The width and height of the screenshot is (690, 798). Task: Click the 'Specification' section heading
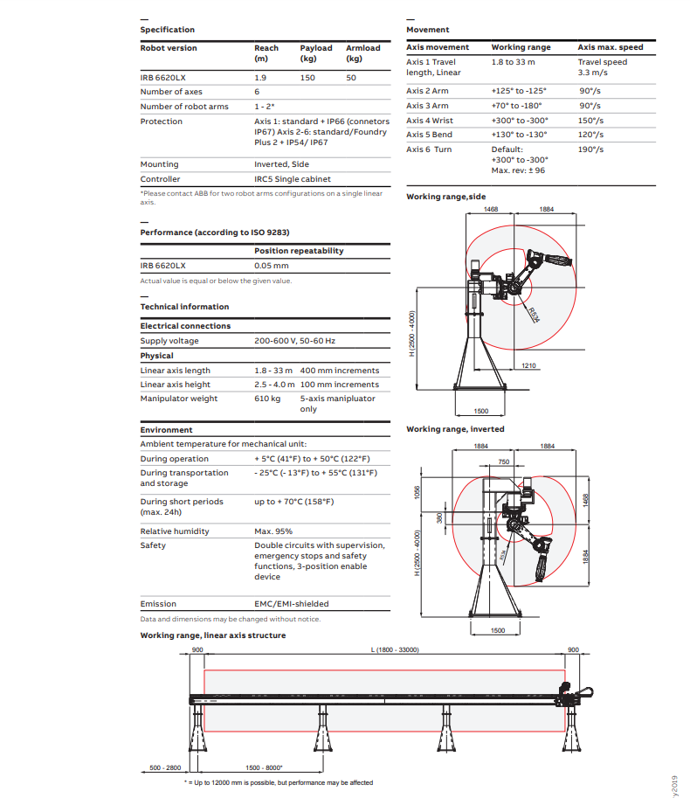pyautogui.click(x=168, y=30)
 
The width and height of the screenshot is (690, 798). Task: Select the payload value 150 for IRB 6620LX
pyautogui.click(x=308, y=77)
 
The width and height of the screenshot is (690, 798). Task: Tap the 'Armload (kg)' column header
pyautogui.click(x=362, y=53)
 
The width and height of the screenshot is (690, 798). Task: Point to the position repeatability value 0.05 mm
pyautogui.click(x=271, y=265)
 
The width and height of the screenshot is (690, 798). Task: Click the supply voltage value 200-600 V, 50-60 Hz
pyautogui.click(x=294, y=341)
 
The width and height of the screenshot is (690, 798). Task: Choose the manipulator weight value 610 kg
pyautogui.click(x=267, y=399)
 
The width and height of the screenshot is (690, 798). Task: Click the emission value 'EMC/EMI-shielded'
pyautogui.click(x=292, y=604)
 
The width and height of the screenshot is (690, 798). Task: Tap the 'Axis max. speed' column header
pyautogui.click(x=611, y=47)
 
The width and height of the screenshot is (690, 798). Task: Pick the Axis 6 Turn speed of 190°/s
pyautogui.click(x=591, y=149)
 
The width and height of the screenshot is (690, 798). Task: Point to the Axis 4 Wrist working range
pyautogui.click(x=520, y=121)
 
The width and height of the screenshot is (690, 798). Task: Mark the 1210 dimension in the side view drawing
pyautogui.click(x=528, y=365)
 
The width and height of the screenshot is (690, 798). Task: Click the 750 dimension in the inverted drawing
pyautogui.click(x=503, y=461)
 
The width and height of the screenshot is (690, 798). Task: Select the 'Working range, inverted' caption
pyautogui.click(x=455, y=429)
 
